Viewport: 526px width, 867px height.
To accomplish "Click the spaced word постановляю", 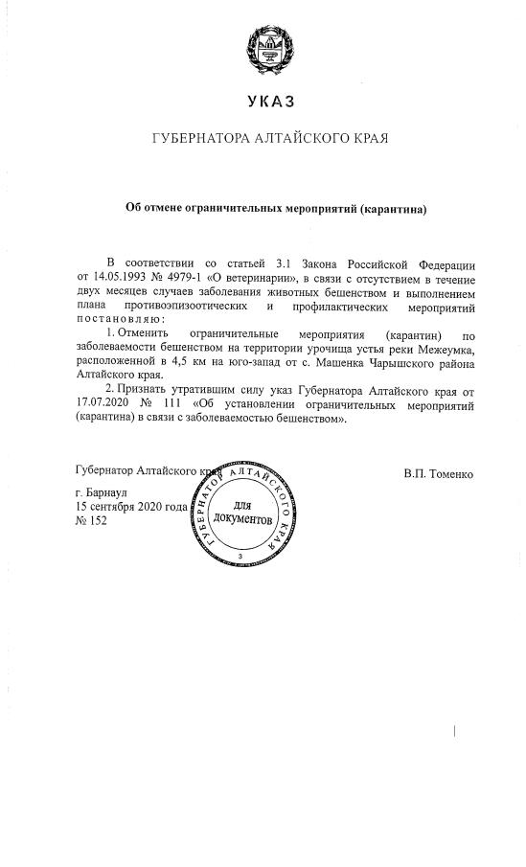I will [120, 318].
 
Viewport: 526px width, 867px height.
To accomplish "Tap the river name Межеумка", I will [444, 351].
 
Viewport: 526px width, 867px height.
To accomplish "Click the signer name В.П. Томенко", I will [438, 474].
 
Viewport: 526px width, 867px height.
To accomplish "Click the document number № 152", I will [91, 520].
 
